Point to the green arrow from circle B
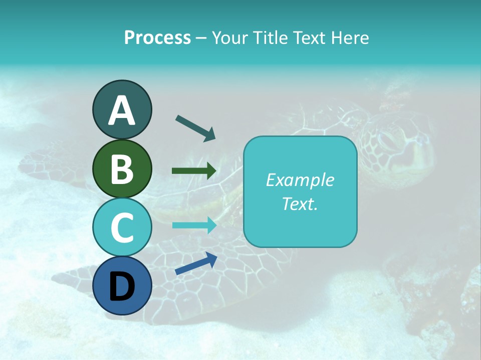point(194,171)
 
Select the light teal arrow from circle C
point(194,225)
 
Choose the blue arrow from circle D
point(196,263)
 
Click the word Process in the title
point(157,37)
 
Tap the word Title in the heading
point(271,37)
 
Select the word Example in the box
point(300,180)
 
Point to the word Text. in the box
point(300,203)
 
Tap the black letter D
point(122,286)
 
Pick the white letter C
point(122,227)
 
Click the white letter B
point(122,169)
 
